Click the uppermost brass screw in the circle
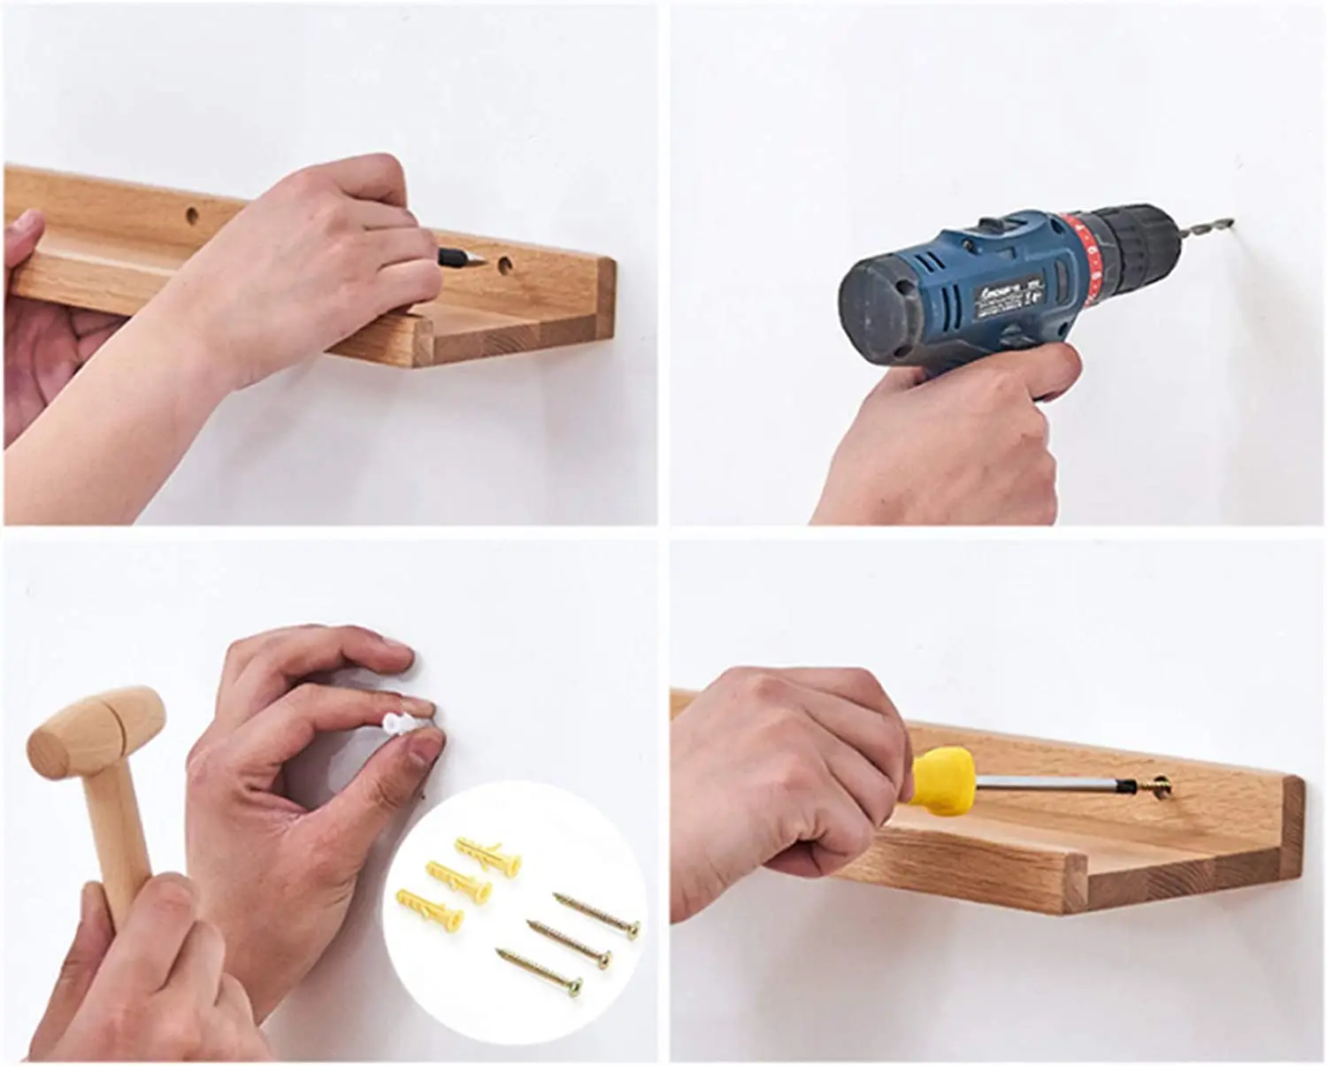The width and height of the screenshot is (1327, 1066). pos(597,912)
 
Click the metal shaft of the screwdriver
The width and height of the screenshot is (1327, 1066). pos(1044,782)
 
